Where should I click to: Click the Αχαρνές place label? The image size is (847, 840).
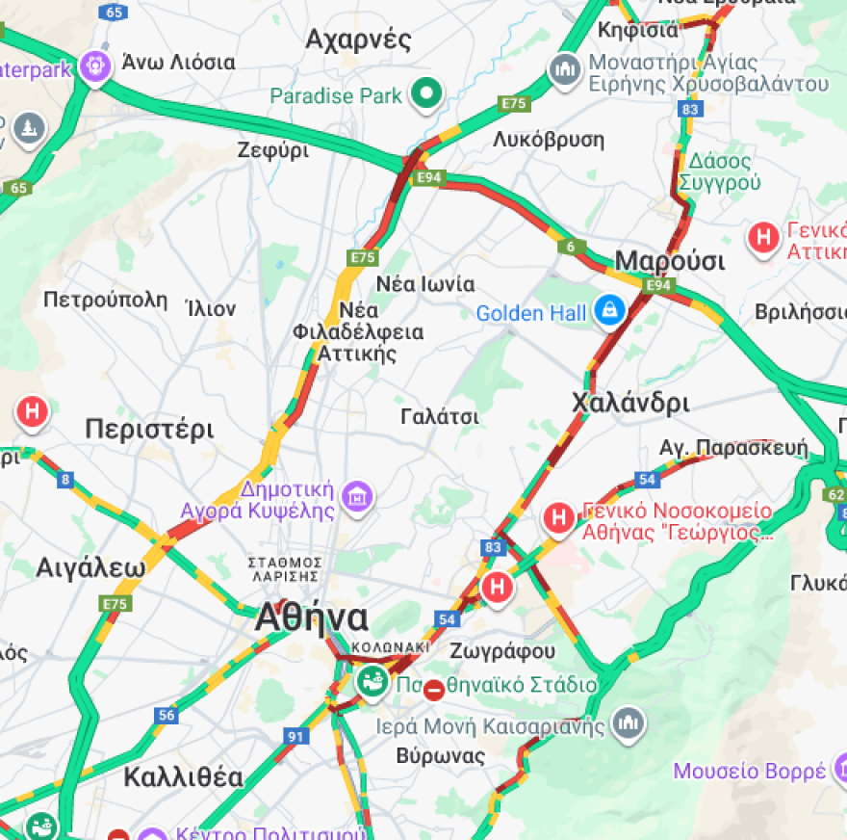358,39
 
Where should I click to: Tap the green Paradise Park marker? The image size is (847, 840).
425,94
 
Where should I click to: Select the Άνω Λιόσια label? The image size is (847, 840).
178,63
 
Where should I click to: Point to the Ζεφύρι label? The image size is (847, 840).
273,150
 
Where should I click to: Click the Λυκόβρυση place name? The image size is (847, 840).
549,140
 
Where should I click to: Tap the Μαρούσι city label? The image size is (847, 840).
670,261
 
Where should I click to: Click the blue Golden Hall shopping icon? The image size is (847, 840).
608,311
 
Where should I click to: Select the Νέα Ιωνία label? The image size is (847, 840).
424,284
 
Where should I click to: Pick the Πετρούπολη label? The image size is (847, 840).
105,300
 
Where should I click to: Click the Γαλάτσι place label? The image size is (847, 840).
440,416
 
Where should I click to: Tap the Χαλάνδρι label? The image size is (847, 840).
630,403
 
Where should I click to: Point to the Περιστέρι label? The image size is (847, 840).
149,429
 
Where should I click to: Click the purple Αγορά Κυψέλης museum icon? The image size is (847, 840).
358,497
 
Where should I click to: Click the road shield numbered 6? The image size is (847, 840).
572,248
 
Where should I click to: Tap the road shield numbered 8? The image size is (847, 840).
65,479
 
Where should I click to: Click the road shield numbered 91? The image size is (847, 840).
294,737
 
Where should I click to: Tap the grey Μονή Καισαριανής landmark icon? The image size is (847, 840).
629,722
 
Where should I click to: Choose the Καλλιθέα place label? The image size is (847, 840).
183,777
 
